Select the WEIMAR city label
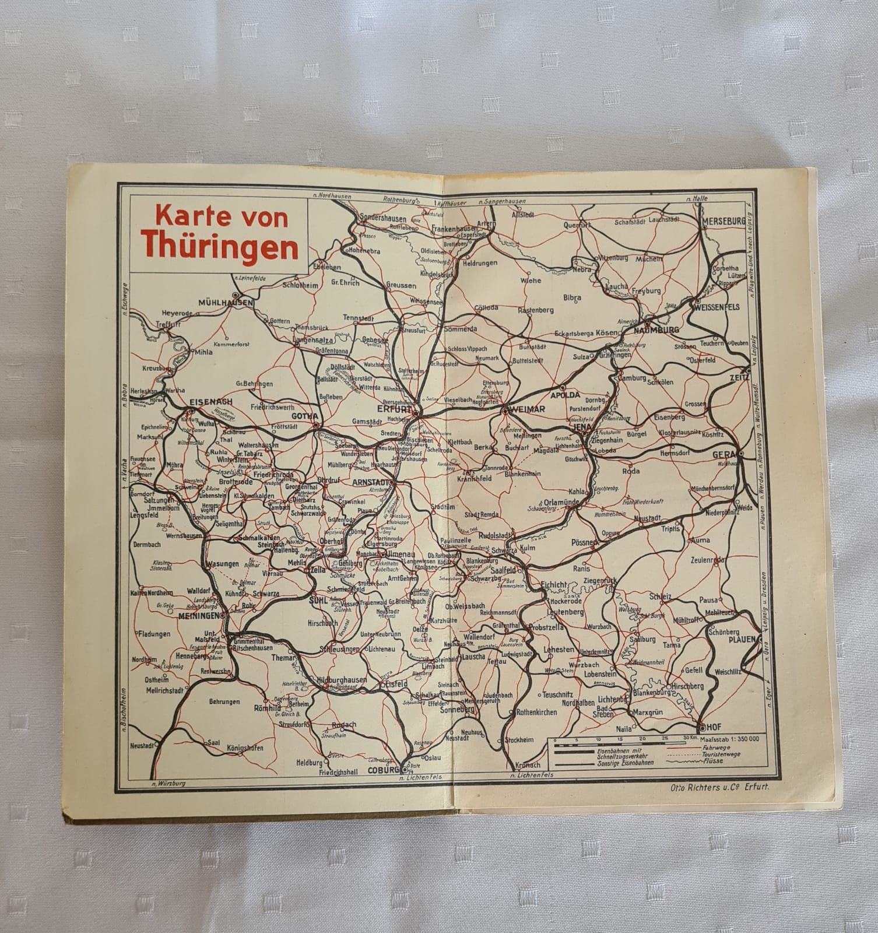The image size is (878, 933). pos(526,410)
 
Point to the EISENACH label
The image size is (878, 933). pos(210,402)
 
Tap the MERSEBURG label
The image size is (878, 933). pos(724,222)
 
